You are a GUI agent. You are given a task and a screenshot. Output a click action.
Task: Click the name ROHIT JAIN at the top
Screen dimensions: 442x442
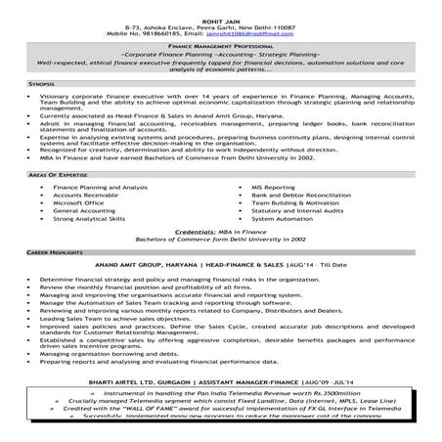tap(220, 9)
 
